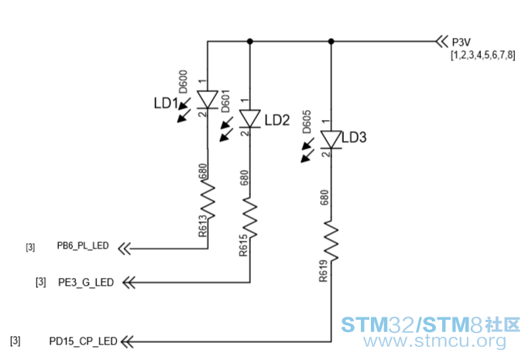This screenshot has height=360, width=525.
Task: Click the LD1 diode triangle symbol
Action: pos(208,99)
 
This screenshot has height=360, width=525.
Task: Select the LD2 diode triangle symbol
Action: pos(250,118)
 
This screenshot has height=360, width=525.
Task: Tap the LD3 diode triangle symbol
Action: pos(331,139)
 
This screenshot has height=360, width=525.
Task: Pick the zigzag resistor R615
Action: pos(250,218)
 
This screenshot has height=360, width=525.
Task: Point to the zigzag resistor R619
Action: pos(331,241)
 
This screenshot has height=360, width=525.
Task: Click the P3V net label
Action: pos(462,43)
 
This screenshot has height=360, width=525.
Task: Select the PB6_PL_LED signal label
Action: pos(83,245)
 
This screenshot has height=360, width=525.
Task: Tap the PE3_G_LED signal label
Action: pos(86,283)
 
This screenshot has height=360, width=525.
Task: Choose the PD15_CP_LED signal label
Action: pos(83,341)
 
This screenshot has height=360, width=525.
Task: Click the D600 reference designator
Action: pos(183,82)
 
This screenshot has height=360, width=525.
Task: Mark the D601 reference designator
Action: pos(225,101)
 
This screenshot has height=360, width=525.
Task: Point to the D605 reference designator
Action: pos(307,122)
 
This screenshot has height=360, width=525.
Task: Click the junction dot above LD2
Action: pos(250,41)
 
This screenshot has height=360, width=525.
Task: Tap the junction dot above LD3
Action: pos(331,41)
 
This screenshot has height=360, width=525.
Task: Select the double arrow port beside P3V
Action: pos(442,42)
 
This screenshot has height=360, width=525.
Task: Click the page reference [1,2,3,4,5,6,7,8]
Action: pos(483,55)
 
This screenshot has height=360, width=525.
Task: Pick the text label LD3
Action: pos(354,137)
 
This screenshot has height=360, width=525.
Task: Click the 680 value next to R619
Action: pos(324,197)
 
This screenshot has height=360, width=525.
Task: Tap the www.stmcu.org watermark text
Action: pos(435,341)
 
